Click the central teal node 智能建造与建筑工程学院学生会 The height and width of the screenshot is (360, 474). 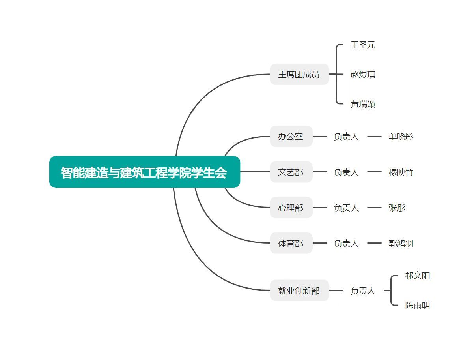[x=144, y=172]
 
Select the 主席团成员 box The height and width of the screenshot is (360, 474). [x=299, y=74]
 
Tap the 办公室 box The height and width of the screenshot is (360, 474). [x=291, y=137]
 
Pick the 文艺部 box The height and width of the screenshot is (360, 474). [x=291, y=172]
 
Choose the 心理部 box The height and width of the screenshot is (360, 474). [x=291, y=208]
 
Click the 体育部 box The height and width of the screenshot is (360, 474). [x=291, y=243]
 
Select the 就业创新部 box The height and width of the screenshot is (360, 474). [x=299, y=291]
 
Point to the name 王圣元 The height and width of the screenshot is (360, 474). [x=363, y=45]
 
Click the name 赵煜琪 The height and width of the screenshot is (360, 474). [x=363, y=74]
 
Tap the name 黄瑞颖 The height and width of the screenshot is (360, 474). [x=363, y=104]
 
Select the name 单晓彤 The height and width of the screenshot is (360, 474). [x=401, y=137]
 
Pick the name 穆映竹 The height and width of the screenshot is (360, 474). [x=401, y=172]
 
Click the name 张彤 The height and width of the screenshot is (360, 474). [x=397, y=208]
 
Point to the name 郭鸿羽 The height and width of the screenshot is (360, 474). [x=401, y=243]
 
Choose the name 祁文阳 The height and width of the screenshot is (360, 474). [x=417, y=276]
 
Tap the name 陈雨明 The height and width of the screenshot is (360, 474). [x=417, y=306]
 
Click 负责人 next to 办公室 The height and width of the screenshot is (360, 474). [x=346, y=137]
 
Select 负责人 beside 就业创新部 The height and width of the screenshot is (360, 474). [x=363, y=291]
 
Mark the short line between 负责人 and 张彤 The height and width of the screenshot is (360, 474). [x=374, y=208]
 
